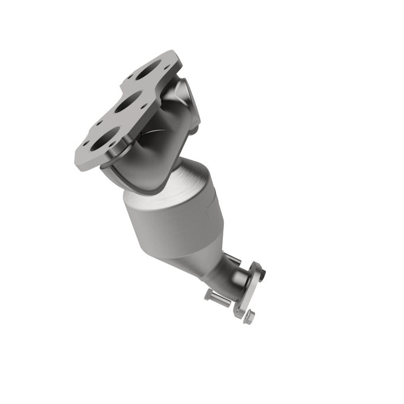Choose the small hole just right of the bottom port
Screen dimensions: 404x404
coord(121,143)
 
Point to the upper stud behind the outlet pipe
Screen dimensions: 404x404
coord(233,259)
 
